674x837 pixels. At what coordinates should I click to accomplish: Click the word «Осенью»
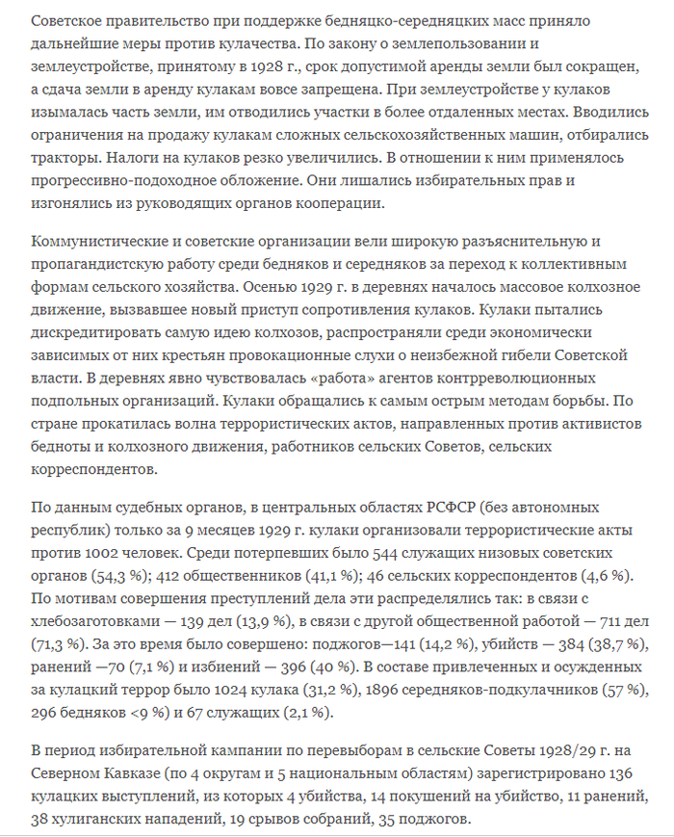coord(253,286)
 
